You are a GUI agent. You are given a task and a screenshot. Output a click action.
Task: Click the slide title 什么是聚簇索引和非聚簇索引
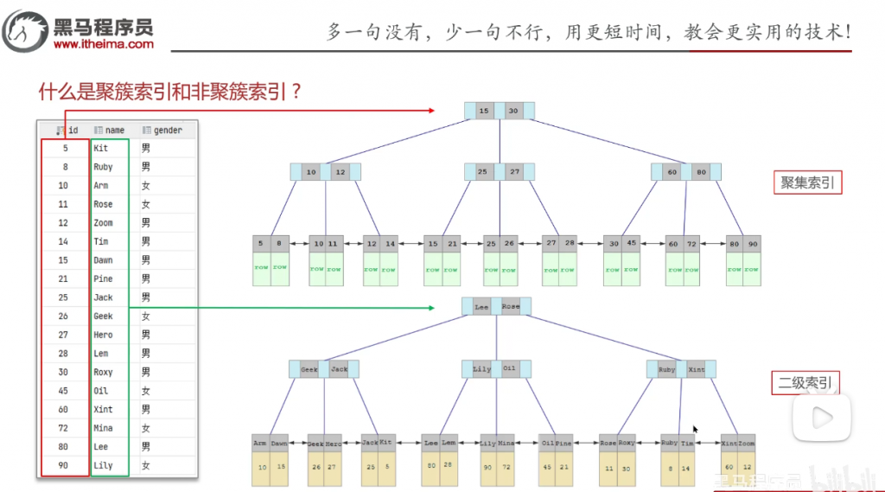169,92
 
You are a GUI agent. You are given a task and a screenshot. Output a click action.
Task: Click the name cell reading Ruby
103,167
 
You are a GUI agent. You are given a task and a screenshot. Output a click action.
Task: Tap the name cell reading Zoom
103,223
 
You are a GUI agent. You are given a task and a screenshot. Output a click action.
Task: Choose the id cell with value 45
63,391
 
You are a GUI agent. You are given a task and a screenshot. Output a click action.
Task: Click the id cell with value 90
63,466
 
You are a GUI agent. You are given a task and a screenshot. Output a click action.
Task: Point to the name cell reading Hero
103,335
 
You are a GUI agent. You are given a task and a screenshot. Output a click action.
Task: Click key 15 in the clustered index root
484,111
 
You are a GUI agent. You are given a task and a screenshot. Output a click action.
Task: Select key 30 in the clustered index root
513,111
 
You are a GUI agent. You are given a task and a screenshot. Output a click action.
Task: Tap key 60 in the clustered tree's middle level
672,173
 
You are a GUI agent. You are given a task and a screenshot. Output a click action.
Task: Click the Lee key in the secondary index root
481,307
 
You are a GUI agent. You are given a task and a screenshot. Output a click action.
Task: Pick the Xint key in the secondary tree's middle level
696,369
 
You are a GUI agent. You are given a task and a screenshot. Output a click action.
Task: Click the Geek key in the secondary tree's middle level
309,369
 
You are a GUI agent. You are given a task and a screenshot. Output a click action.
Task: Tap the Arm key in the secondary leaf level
260,443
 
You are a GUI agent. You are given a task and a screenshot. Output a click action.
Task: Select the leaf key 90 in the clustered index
753,244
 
